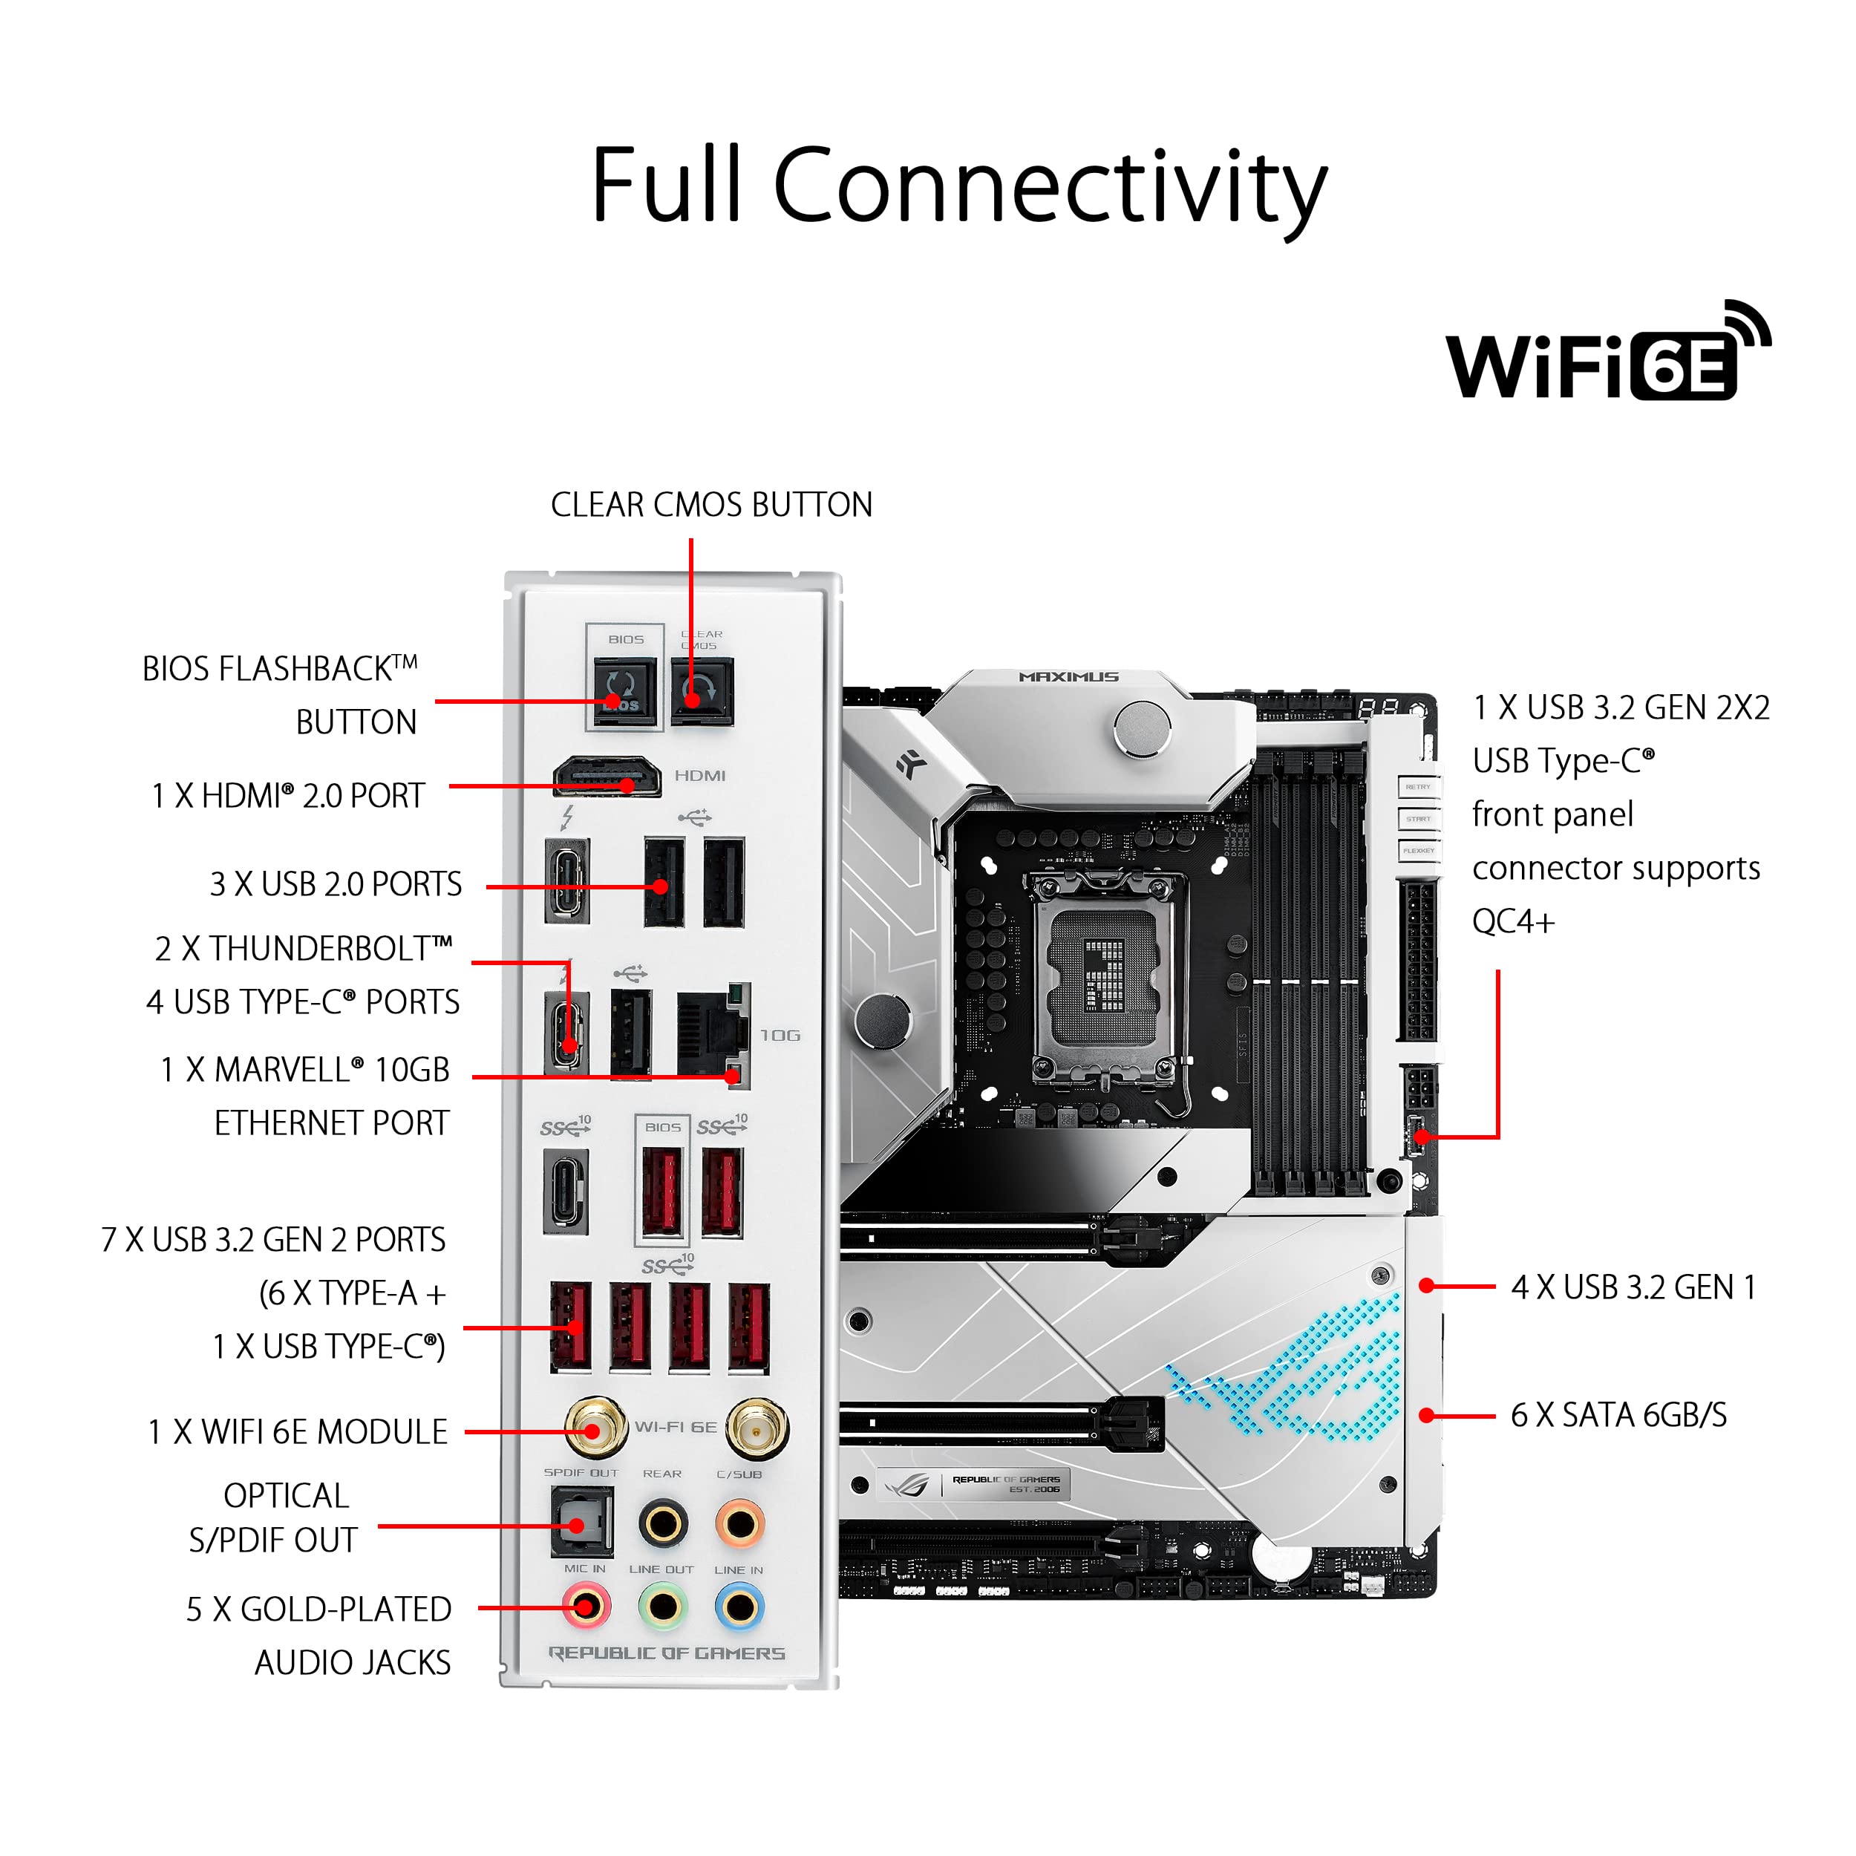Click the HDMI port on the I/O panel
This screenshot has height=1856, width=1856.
pyautogui.click(x=607, y=777)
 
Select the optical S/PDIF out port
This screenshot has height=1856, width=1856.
pyautogui.click(x=581, y=1523)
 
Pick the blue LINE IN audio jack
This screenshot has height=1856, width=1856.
pyautogui.click(x=739, y=1607)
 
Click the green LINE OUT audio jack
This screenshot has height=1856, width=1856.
pyautogui.click(x=662, y=1607)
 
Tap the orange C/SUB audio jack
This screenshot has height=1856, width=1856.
pyautogui.click(x=739, y=1523)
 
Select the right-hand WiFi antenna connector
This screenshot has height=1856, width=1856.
pyautogui.click(x=757, y=1428)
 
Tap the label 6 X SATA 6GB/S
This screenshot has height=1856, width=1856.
pyautogui.click(x=1618, y=1415)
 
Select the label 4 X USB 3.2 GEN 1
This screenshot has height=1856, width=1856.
pyautogui.click(x=1633, y=1287)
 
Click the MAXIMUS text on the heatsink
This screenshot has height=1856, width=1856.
pyautogui.click(x=1068, y=677)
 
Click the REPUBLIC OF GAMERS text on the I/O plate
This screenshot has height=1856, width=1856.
pyautogui.click(x=667, y=1653)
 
